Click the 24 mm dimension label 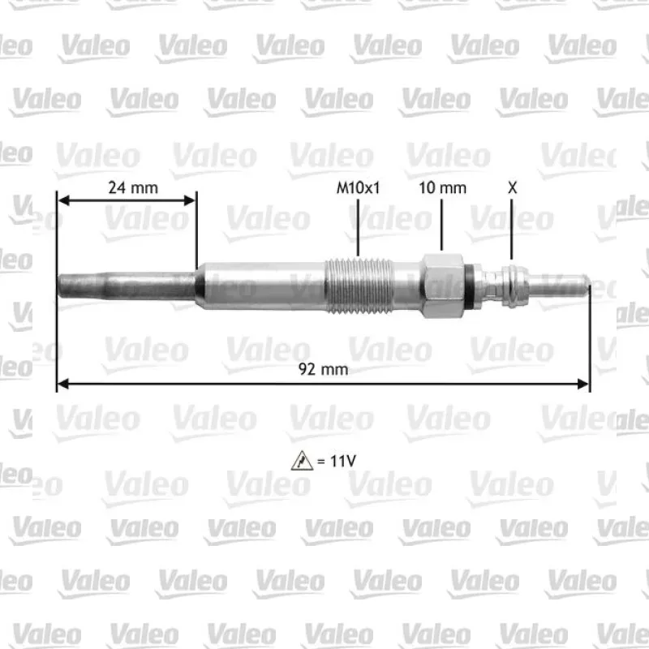pos(133,188)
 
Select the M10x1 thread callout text pos(358,188)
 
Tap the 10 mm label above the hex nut pos(442,188)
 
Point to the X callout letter pos(513,188)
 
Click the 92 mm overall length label pos(323,369)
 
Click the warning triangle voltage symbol pos(302,461)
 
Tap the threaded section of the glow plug pos(359,286)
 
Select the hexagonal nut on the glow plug pos(442,286)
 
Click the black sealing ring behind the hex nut pos(468,286)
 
